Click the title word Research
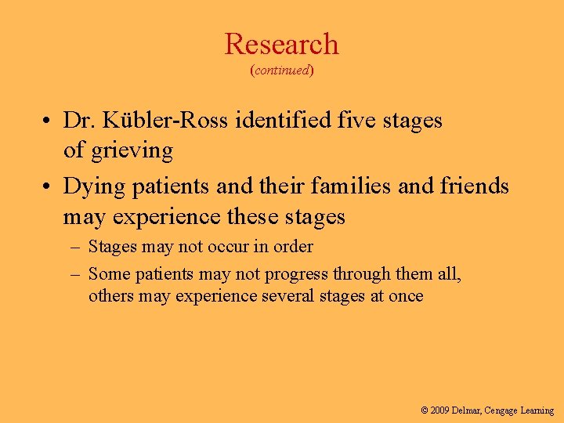point(281,45)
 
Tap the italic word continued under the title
point(282,70)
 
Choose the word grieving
point(131,149)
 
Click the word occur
point(226,247)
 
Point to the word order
point(292,247)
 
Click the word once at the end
point(404,296)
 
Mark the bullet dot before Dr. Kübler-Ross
point(49,121)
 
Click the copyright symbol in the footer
point(425,410)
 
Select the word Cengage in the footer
point(506,410)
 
